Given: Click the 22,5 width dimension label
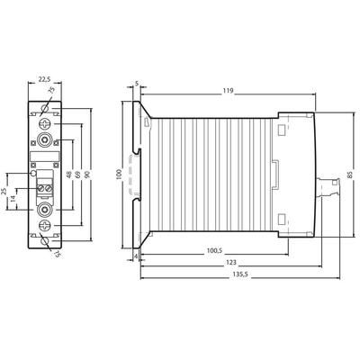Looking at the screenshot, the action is click(x=45, y=79).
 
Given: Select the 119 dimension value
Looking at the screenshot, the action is click(x=228, y=91).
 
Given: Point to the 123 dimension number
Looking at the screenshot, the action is click(x=231, y=262).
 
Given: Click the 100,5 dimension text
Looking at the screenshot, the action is click(x=215, y=251).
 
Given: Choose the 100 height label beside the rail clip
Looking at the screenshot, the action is click(x=119, y=174).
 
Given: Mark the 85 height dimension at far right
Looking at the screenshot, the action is click(x=350, y=175).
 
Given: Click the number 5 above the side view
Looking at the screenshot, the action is click(x=137, y=84).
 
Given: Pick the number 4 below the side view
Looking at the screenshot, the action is click(x=136, y=256).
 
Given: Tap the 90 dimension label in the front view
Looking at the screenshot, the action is click(x=87, y=175).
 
